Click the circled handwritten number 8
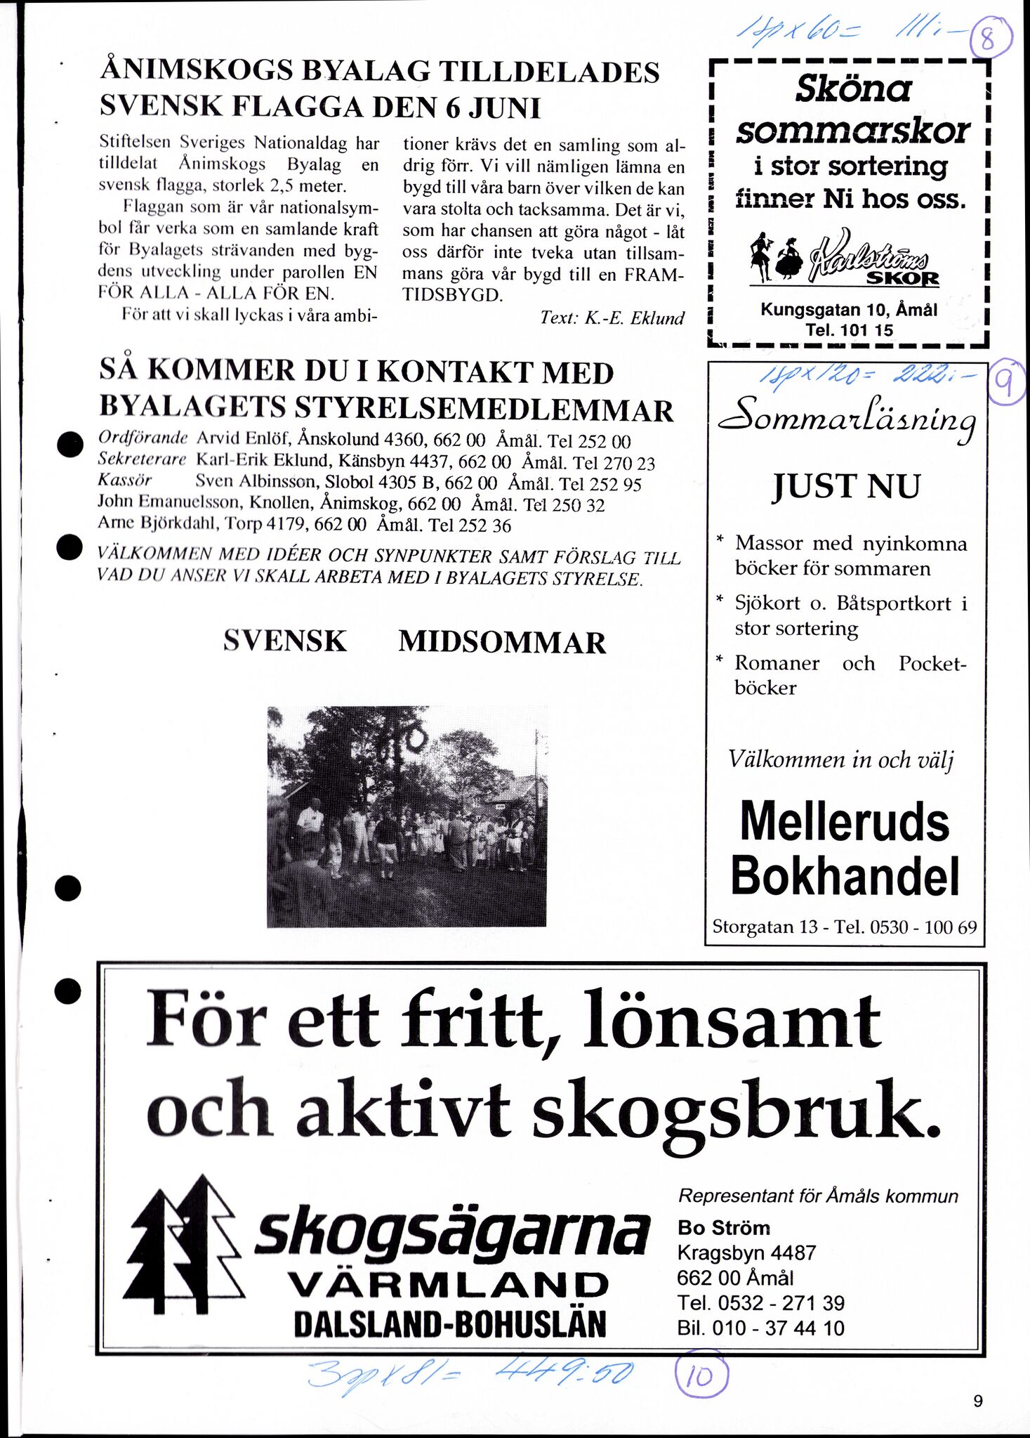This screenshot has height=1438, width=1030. click(990, 39)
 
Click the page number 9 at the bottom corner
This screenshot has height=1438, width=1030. click(978, 1401)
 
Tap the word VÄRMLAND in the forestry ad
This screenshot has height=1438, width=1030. click(449, 1285)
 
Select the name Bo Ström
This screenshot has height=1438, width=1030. click(723, 1227)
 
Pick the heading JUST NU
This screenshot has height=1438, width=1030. click(846, 486)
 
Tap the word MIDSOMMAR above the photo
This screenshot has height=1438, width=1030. click(502, 643)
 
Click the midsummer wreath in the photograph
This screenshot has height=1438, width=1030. click(416, 738)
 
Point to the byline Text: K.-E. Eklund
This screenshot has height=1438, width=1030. click(612, 318)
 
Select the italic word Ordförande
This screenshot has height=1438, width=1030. click(143, 438)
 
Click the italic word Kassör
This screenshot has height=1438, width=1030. click(124, 481)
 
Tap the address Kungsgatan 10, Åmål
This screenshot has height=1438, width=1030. click(848, 310)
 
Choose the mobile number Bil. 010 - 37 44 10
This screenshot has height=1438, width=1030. click(760, 1328)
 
